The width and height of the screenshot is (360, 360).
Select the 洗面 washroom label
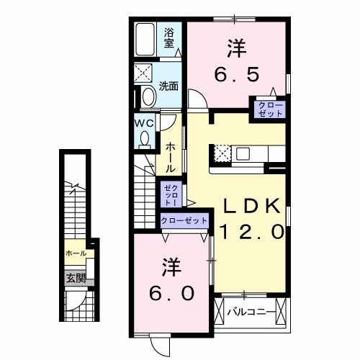pos(169,86)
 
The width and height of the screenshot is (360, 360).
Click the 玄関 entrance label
pos(76,278)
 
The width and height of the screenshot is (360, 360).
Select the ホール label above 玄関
pos(76,253)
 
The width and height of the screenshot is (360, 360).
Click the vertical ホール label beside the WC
pos(171,156)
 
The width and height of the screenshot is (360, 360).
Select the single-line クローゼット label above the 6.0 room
pos(184,220)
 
